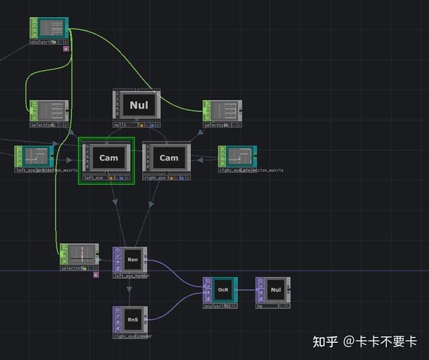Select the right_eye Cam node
tap(169, 157)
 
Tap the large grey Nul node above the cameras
tap(137, 105)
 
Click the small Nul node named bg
tap(275, 290)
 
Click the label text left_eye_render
tap(130, 275)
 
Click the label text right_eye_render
tap(132, 335)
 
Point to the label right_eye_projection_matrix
tap(251, 170)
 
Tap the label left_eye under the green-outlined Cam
tap(94, 177)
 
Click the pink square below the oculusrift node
tap(66, 49)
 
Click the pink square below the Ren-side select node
tap(96, 274)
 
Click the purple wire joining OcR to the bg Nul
tap(245, 290)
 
